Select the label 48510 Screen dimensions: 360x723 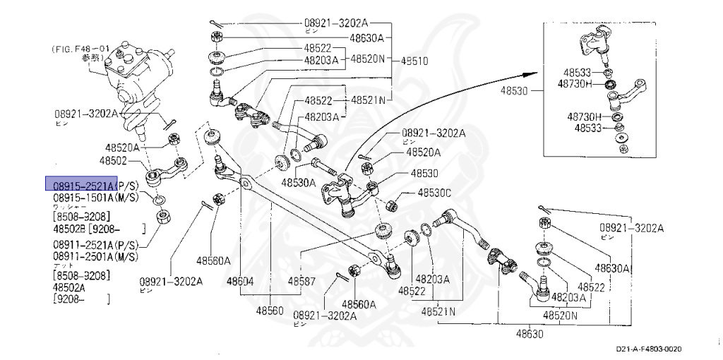pyautogui.click(x=415, y=61)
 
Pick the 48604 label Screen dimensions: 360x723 pyautogui.click(x=240, y=281)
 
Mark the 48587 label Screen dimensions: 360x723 pyautogui.click(x=301, y=281)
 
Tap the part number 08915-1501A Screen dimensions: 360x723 pyautogui.click(x=80, y=197)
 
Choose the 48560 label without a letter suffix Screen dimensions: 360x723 pyautogui.click(x=270, y=310)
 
